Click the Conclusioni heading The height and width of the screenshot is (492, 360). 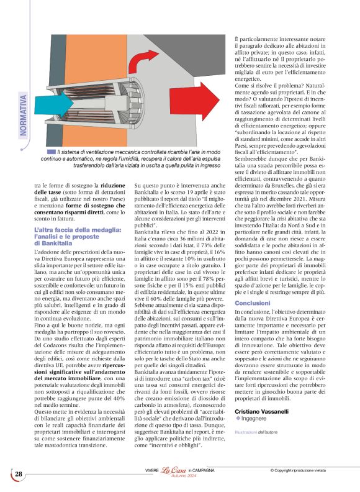[x=252, y=303]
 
